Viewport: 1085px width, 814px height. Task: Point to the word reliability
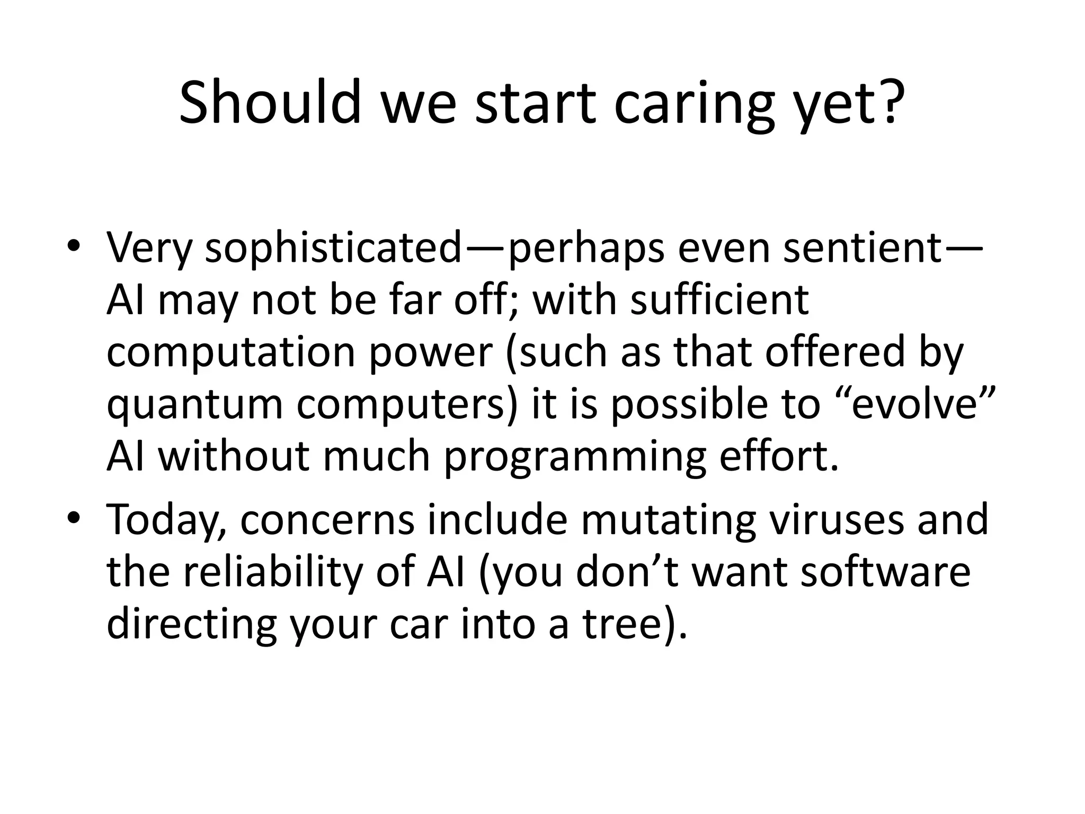[273, 572]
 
